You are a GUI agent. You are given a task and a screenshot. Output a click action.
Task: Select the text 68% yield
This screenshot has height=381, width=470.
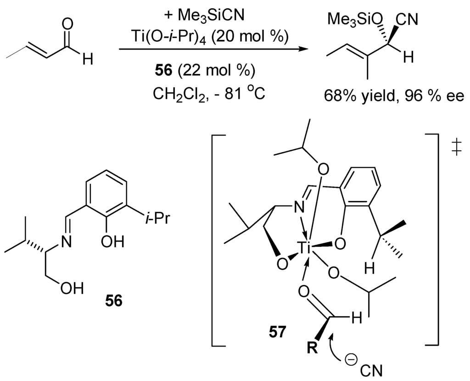tap(349, 97)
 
